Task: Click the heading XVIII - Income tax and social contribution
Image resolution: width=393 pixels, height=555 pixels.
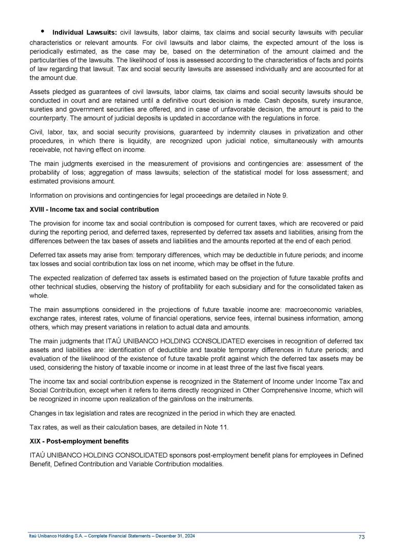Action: [94, 210]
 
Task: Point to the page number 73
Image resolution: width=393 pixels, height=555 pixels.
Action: [361, 537]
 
